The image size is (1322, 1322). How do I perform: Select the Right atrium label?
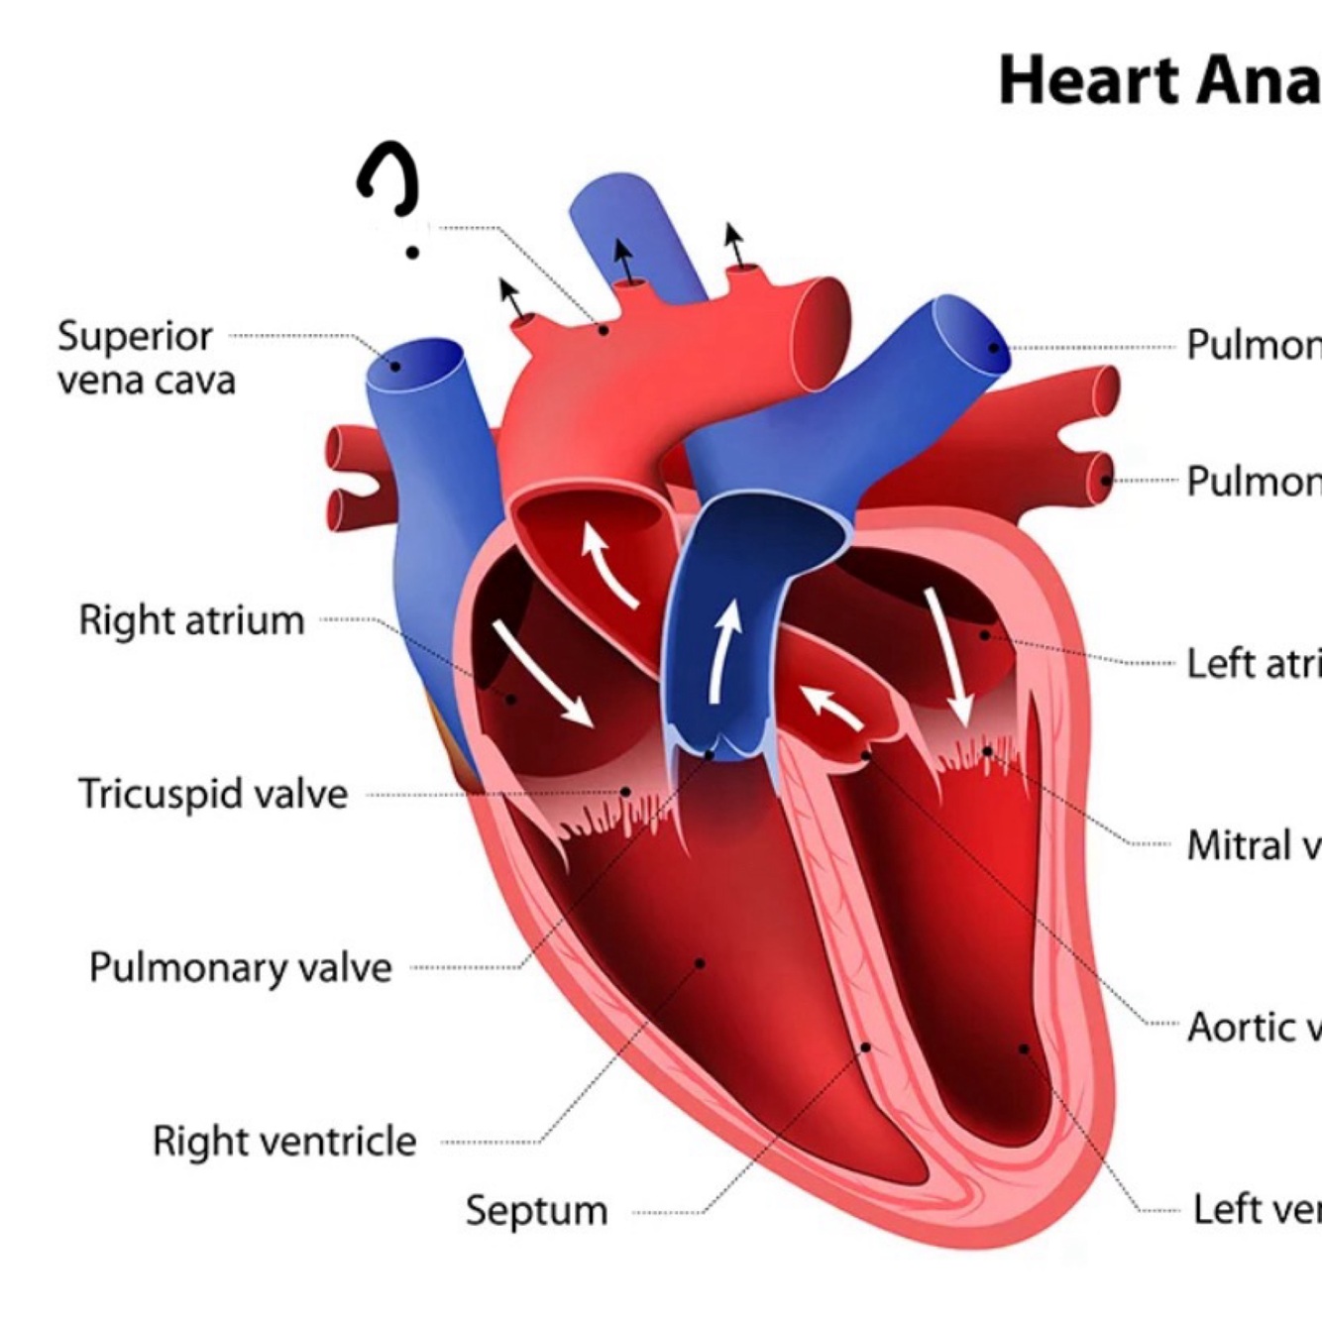click(x=191, y=620)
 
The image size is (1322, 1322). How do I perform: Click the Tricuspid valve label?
click(x=213, y=794)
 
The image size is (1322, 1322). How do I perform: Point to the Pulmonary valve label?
click(x=241, y=967)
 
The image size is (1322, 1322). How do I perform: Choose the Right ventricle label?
click(x=284, y=1141)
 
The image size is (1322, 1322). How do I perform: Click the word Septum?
click(x=536, y=1210)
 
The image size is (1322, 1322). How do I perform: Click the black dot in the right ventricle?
click(x=700, y=962)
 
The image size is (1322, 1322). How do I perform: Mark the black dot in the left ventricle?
click(x=1024, y=1047)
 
